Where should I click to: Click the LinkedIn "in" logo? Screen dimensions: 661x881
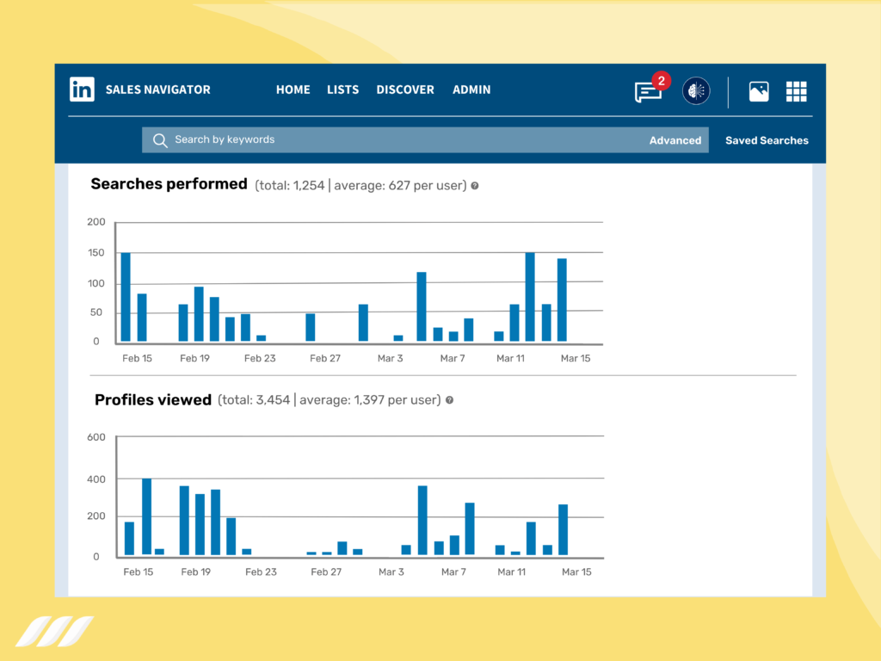[83, 90]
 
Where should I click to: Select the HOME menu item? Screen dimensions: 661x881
[293, 90]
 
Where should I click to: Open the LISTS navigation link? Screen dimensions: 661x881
[342, 90]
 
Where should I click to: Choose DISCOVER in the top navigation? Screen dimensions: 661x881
[405, 90]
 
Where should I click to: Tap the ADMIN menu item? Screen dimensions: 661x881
[471, 90]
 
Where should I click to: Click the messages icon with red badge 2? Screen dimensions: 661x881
[649, 90]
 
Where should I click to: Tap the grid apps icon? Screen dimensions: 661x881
[796, 91]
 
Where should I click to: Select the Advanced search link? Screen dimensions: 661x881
[675, 140]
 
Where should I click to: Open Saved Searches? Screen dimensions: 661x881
[767, 140]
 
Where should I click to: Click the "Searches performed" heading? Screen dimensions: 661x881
[169, 183]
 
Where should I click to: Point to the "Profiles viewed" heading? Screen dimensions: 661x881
[153, 399]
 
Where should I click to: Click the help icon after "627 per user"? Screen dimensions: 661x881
[474, 185]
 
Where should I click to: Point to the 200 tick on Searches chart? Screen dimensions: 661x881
[96, 222]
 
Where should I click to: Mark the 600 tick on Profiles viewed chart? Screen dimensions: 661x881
[96, 437]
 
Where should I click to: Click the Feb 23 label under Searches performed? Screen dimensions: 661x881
[260, 358]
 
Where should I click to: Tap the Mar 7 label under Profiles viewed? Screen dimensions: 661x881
[453, 571]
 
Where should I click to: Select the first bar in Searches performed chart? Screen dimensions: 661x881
[126, 297]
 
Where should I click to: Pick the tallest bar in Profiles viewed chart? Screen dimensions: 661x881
[147, 516]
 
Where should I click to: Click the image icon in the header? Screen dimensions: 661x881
[759, 91]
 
